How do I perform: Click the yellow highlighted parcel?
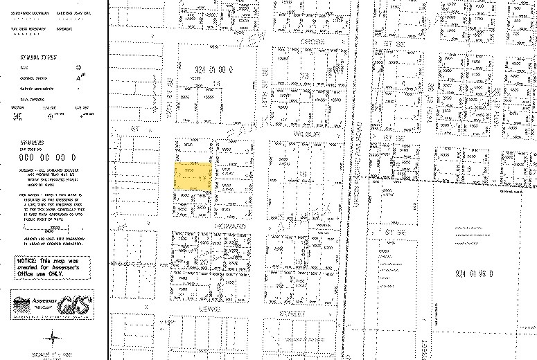point(193,177)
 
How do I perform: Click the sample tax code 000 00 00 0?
point(43,158)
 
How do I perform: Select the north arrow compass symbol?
point(54,339)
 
